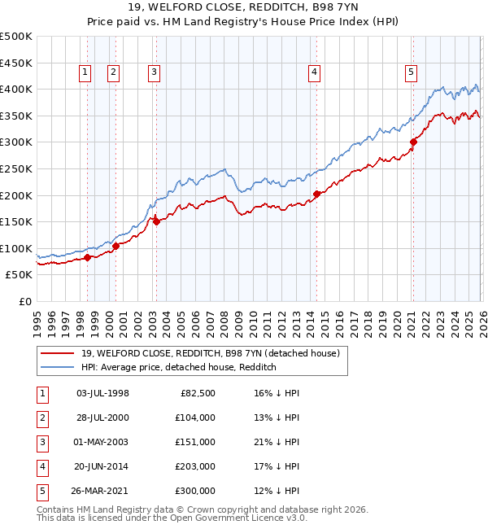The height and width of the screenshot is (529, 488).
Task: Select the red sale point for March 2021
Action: [413, 142]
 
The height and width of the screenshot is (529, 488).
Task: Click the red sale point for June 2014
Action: [316, 194]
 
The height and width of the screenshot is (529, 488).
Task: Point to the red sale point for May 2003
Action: [156, 221]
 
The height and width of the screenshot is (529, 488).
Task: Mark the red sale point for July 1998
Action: [87, 258]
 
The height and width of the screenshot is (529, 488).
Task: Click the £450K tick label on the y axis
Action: [16, 63]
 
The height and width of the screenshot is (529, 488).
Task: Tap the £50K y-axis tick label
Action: [19, 275]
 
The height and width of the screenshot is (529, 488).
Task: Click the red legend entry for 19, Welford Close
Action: [215, 352]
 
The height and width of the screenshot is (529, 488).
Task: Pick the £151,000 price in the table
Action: [195, 442]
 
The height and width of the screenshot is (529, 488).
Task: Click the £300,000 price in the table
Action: [195, 491]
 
